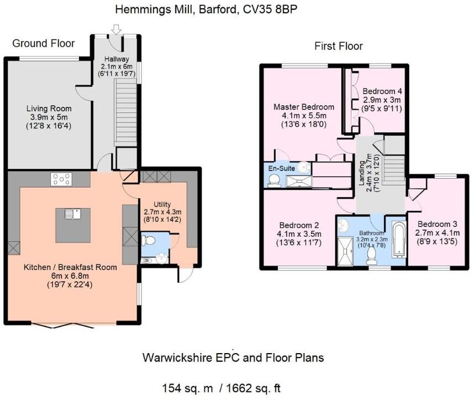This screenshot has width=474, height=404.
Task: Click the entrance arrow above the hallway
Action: pyautogui.click(x=117, y=29)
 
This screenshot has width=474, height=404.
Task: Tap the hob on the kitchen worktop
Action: pyautogui.click(x=62, y=179)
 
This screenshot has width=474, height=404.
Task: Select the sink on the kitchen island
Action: pyautogui.click(x=72, y=214)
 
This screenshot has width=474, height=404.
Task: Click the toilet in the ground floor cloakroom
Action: pyautogui.click(x=148, y=241)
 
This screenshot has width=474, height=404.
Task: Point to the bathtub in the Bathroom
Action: pyautogui.click(x=399, y=240)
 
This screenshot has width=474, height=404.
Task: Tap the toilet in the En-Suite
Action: pyautogui.click(x=274, y=182)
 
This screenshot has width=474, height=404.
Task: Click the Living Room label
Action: pyautogui.click(x=49, y=108)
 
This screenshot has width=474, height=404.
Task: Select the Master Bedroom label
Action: pyautogui.click(x=304, y=107)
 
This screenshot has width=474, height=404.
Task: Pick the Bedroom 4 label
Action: pyautogui.click(x=382, y=91)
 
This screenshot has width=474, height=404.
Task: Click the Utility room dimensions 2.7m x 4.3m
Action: pyautogui.click(x=162, y=212)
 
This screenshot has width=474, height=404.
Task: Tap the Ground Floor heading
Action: pyautogui.click(x=44, y=43)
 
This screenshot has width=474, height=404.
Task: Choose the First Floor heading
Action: pyautogui.click(x=339, y=46)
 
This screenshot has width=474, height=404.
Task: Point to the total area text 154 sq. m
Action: pyautogui.click(x=187, y=389)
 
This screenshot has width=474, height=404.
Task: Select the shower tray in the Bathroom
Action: pyautogui.click(x=345, y=251)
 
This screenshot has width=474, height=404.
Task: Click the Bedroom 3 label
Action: pyautogui.click(x=437, y=224)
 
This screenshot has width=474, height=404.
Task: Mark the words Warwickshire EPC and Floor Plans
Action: pyautogui.click(x=233, y=358)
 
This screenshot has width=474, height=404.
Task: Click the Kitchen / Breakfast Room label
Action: pyautogui.click(x=70, y=267)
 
